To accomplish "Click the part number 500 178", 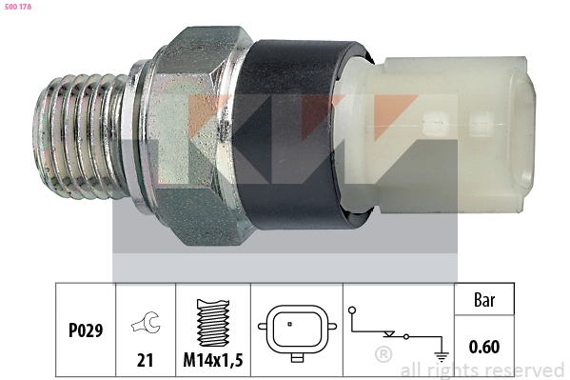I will pos(16,8).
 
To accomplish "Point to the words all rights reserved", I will pos(482,370).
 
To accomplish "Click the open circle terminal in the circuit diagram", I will pos(353,310).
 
